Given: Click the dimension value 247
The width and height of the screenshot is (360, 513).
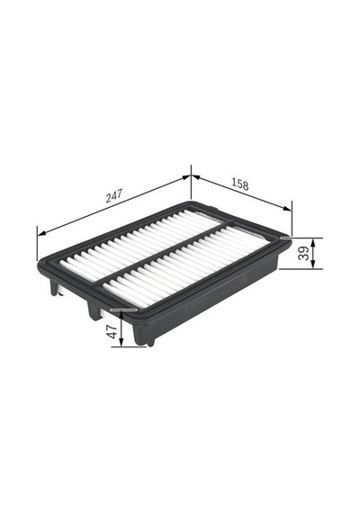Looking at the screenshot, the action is [114, 195].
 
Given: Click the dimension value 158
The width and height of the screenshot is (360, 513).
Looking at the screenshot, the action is [240, 184].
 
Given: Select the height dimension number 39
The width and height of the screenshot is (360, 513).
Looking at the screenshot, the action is [304, 253].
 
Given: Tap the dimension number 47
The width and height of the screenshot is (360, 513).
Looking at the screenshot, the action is [112, 331].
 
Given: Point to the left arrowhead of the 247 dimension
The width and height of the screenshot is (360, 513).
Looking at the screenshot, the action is [41, 233].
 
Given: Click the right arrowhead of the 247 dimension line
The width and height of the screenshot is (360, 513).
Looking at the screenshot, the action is [186, 177].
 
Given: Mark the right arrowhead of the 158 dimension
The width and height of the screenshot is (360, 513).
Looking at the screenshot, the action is [287, 208].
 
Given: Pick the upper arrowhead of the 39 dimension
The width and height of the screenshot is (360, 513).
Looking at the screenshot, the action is [313, 242].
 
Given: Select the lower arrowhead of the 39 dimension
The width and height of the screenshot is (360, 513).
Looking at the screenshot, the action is [313, 265].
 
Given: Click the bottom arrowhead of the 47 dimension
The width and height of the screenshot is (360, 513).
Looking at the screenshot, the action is [121, 342].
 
